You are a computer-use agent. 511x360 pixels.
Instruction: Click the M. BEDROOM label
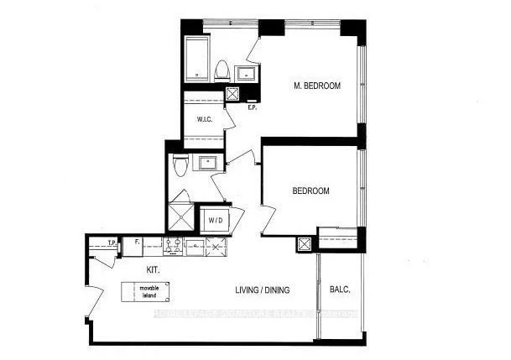[x=316, y=86]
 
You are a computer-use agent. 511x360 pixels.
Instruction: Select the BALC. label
[x=340, y=290]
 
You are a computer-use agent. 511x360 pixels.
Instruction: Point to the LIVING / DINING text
[x=262, y=290]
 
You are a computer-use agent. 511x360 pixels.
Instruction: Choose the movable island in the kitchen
[x=151, y=292]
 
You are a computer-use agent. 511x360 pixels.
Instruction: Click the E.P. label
[x=252, y=107]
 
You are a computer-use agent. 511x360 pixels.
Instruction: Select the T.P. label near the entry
[x=111, y=243]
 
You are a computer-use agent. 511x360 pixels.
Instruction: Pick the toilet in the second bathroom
[x=178, y=167]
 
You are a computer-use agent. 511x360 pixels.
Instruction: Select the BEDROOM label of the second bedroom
[x=310, y=191]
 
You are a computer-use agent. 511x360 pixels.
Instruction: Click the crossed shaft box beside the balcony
[x=304, y=244]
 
